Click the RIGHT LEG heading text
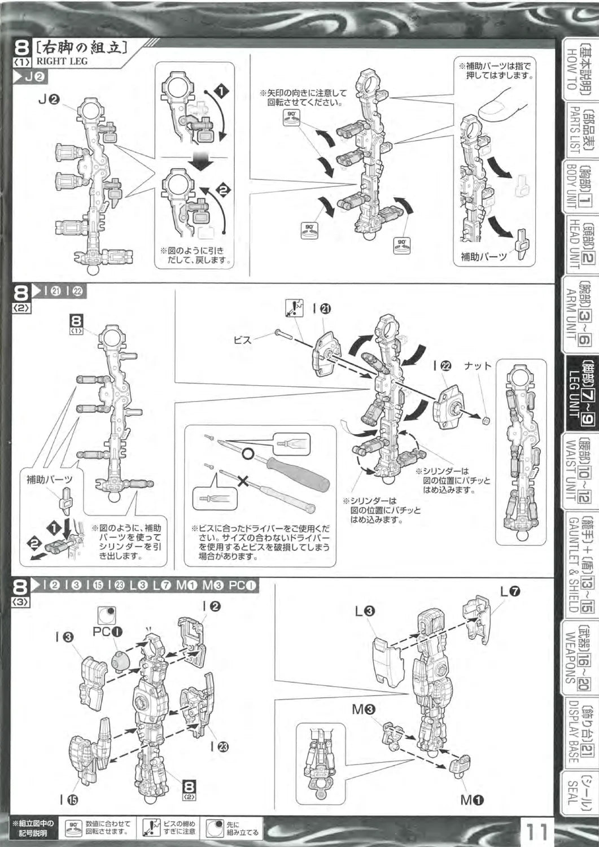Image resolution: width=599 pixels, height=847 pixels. click(x=62, y=61)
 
